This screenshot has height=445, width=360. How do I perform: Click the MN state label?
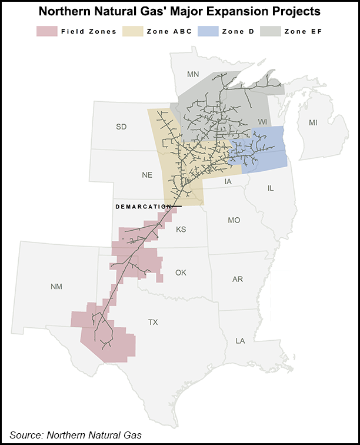(193, 74)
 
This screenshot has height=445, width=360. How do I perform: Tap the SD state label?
(121, 127)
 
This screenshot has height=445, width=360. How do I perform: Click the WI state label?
(263, 121)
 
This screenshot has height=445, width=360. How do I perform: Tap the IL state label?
(271, 188)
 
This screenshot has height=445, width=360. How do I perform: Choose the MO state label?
(234, 220)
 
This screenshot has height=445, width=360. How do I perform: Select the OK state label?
(181, 273)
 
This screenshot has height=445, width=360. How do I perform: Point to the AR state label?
(238, 279)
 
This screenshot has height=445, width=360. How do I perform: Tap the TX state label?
(153, 322)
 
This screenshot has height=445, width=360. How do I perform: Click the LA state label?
(240, 341)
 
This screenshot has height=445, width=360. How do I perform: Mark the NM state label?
(56, 287)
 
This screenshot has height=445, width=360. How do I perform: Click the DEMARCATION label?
(143, 207)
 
